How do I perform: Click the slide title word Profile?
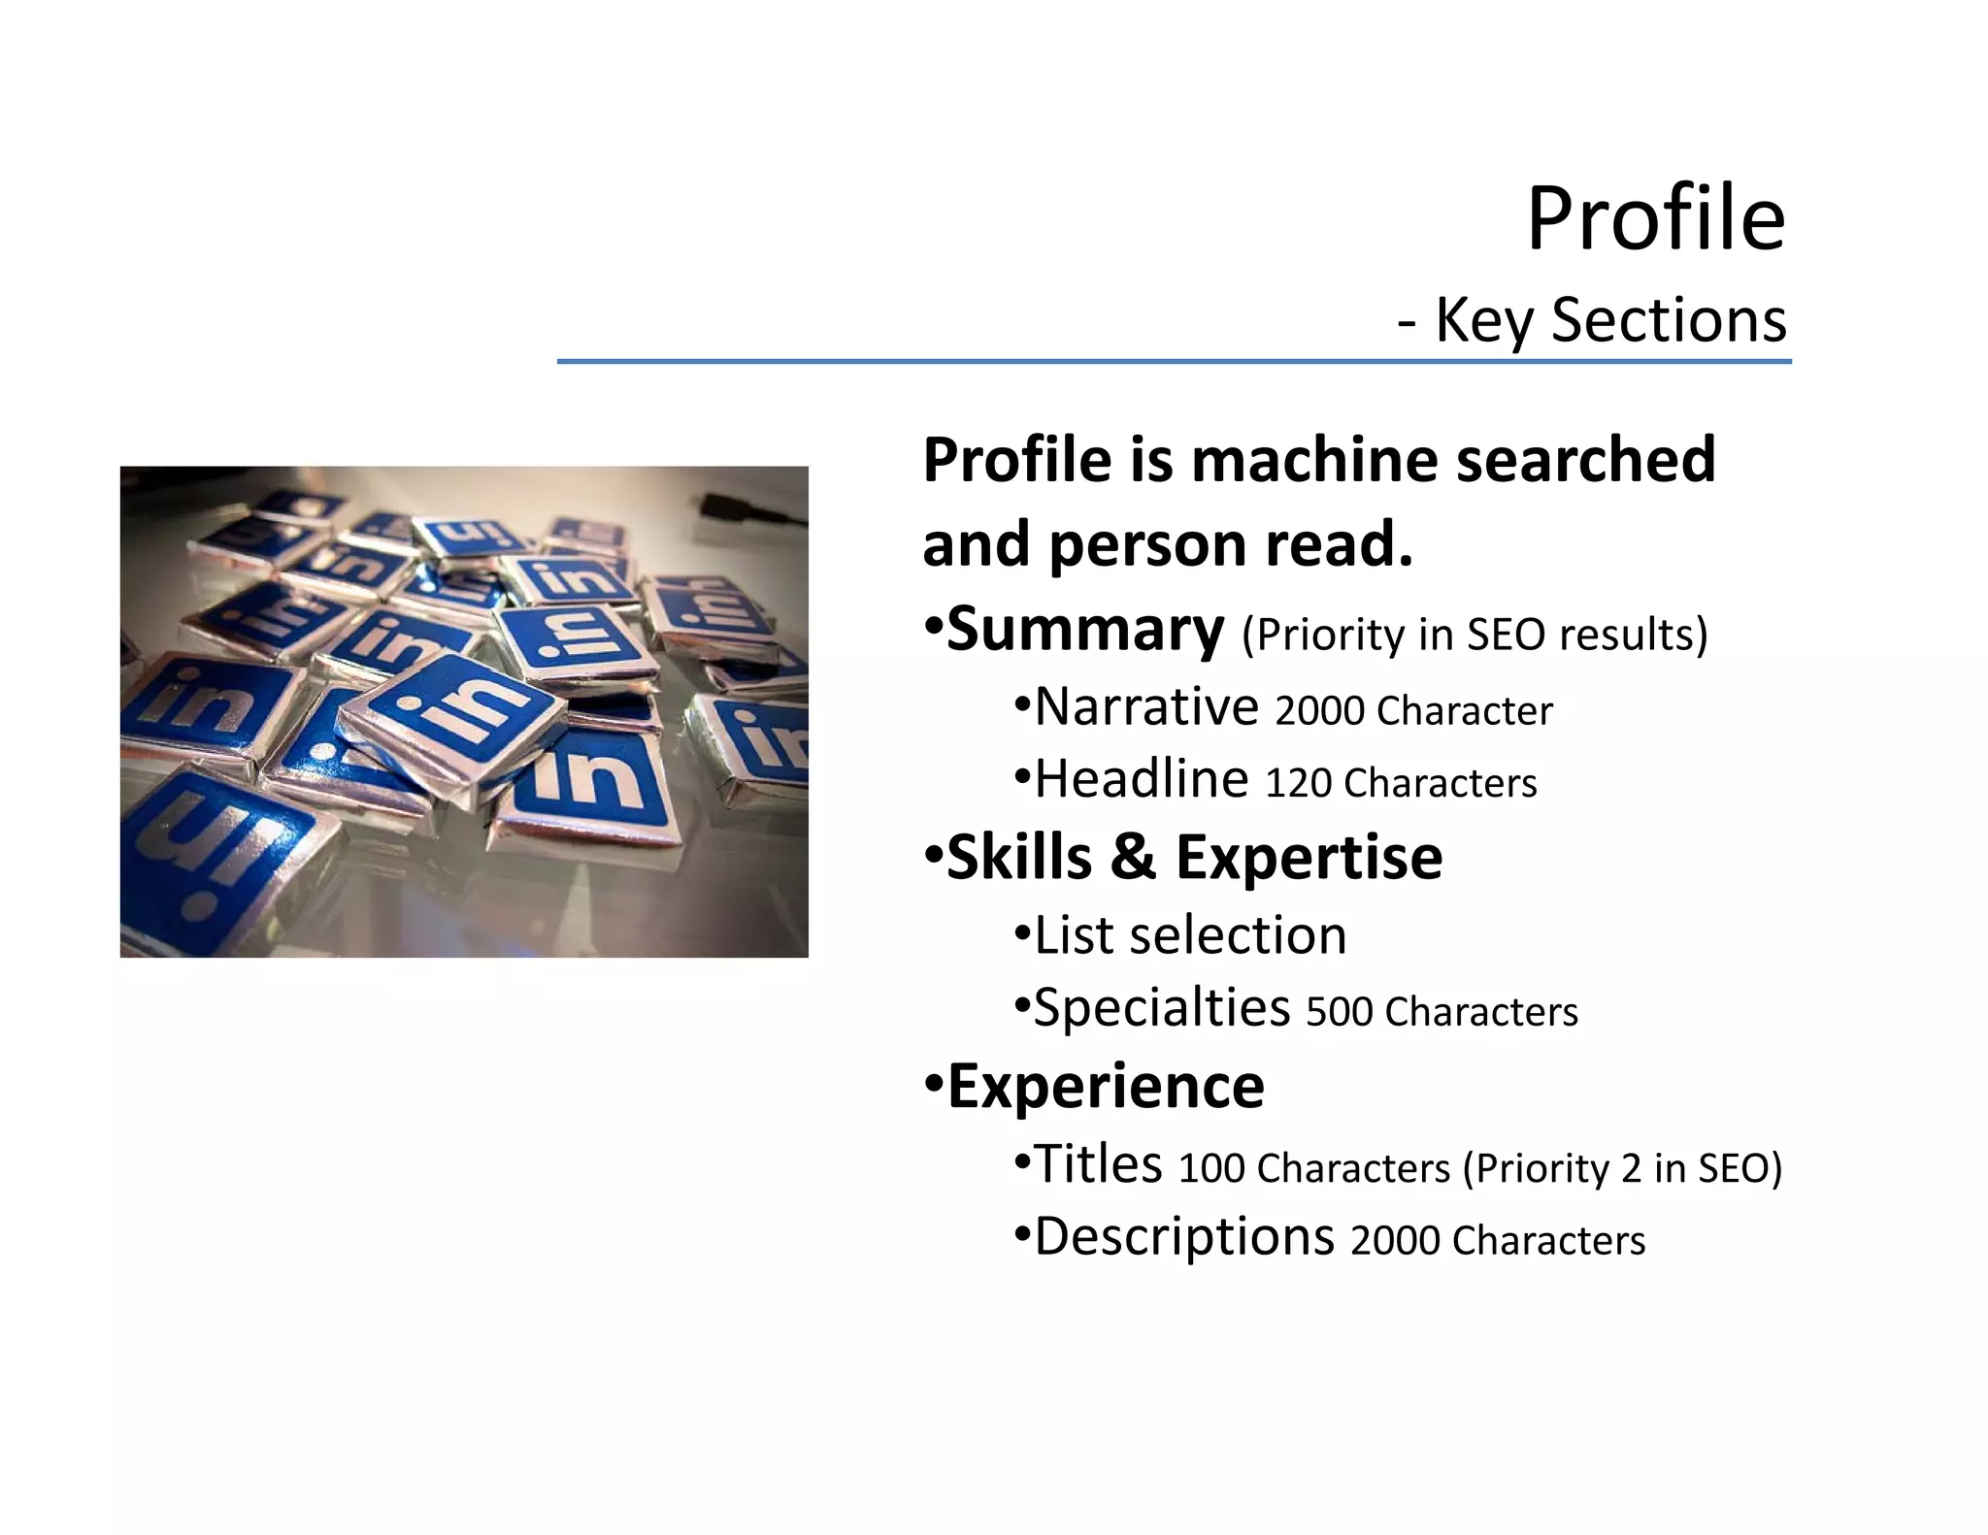coord(1655,219)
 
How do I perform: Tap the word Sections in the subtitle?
coord(1669,319)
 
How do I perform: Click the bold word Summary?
coord(1085,630)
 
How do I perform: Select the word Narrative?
coord(1146,706)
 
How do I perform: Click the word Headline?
coord(1142,779)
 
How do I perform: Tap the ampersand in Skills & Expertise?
coord(1134,858)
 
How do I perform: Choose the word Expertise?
coord(1309,858)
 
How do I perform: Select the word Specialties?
coord(1162,1008)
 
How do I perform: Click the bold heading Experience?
coord(1106,1086)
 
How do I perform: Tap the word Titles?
coord(1098,1163)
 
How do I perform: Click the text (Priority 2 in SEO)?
coord(1622,1168)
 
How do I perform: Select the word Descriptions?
coord(1184,1237)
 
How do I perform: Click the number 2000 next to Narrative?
coord(1319,711)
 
